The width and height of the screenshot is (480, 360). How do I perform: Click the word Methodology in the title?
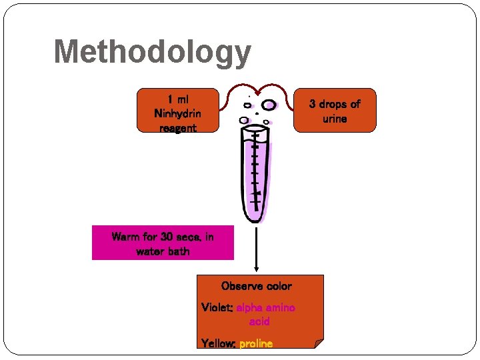152,52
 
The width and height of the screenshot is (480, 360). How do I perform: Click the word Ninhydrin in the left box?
177,113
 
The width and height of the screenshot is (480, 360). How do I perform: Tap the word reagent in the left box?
177,127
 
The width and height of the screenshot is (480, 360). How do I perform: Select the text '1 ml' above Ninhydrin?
177,99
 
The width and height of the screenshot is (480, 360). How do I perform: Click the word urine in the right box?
335,119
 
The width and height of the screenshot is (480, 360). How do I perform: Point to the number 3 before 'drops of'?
313,104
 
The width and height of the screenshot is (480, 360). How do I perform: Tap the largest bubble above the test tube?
269,105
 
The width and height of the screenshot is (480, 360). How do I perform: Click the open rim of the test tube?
255,131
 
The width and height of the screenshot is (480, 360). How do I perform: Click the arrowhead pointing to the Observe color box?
257,270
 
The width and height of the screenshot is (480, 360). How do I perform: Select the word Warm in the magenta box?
126,237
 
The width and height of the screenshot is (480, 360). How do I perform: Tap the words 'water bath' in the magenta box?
163,251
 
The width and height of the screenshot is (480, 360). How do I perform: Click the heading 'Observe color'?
257,286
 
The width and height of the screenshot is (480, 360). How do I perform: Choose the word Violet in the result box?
215,307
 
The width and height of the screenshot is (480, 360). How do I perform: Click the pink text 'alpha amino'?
265,307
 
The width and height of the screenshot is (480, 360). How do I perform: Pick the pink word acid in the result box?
259,321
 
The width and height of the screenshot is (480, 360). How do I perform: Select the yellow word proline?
256,343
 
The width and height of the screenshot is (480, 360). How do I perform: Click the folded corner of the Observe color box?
318,343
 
